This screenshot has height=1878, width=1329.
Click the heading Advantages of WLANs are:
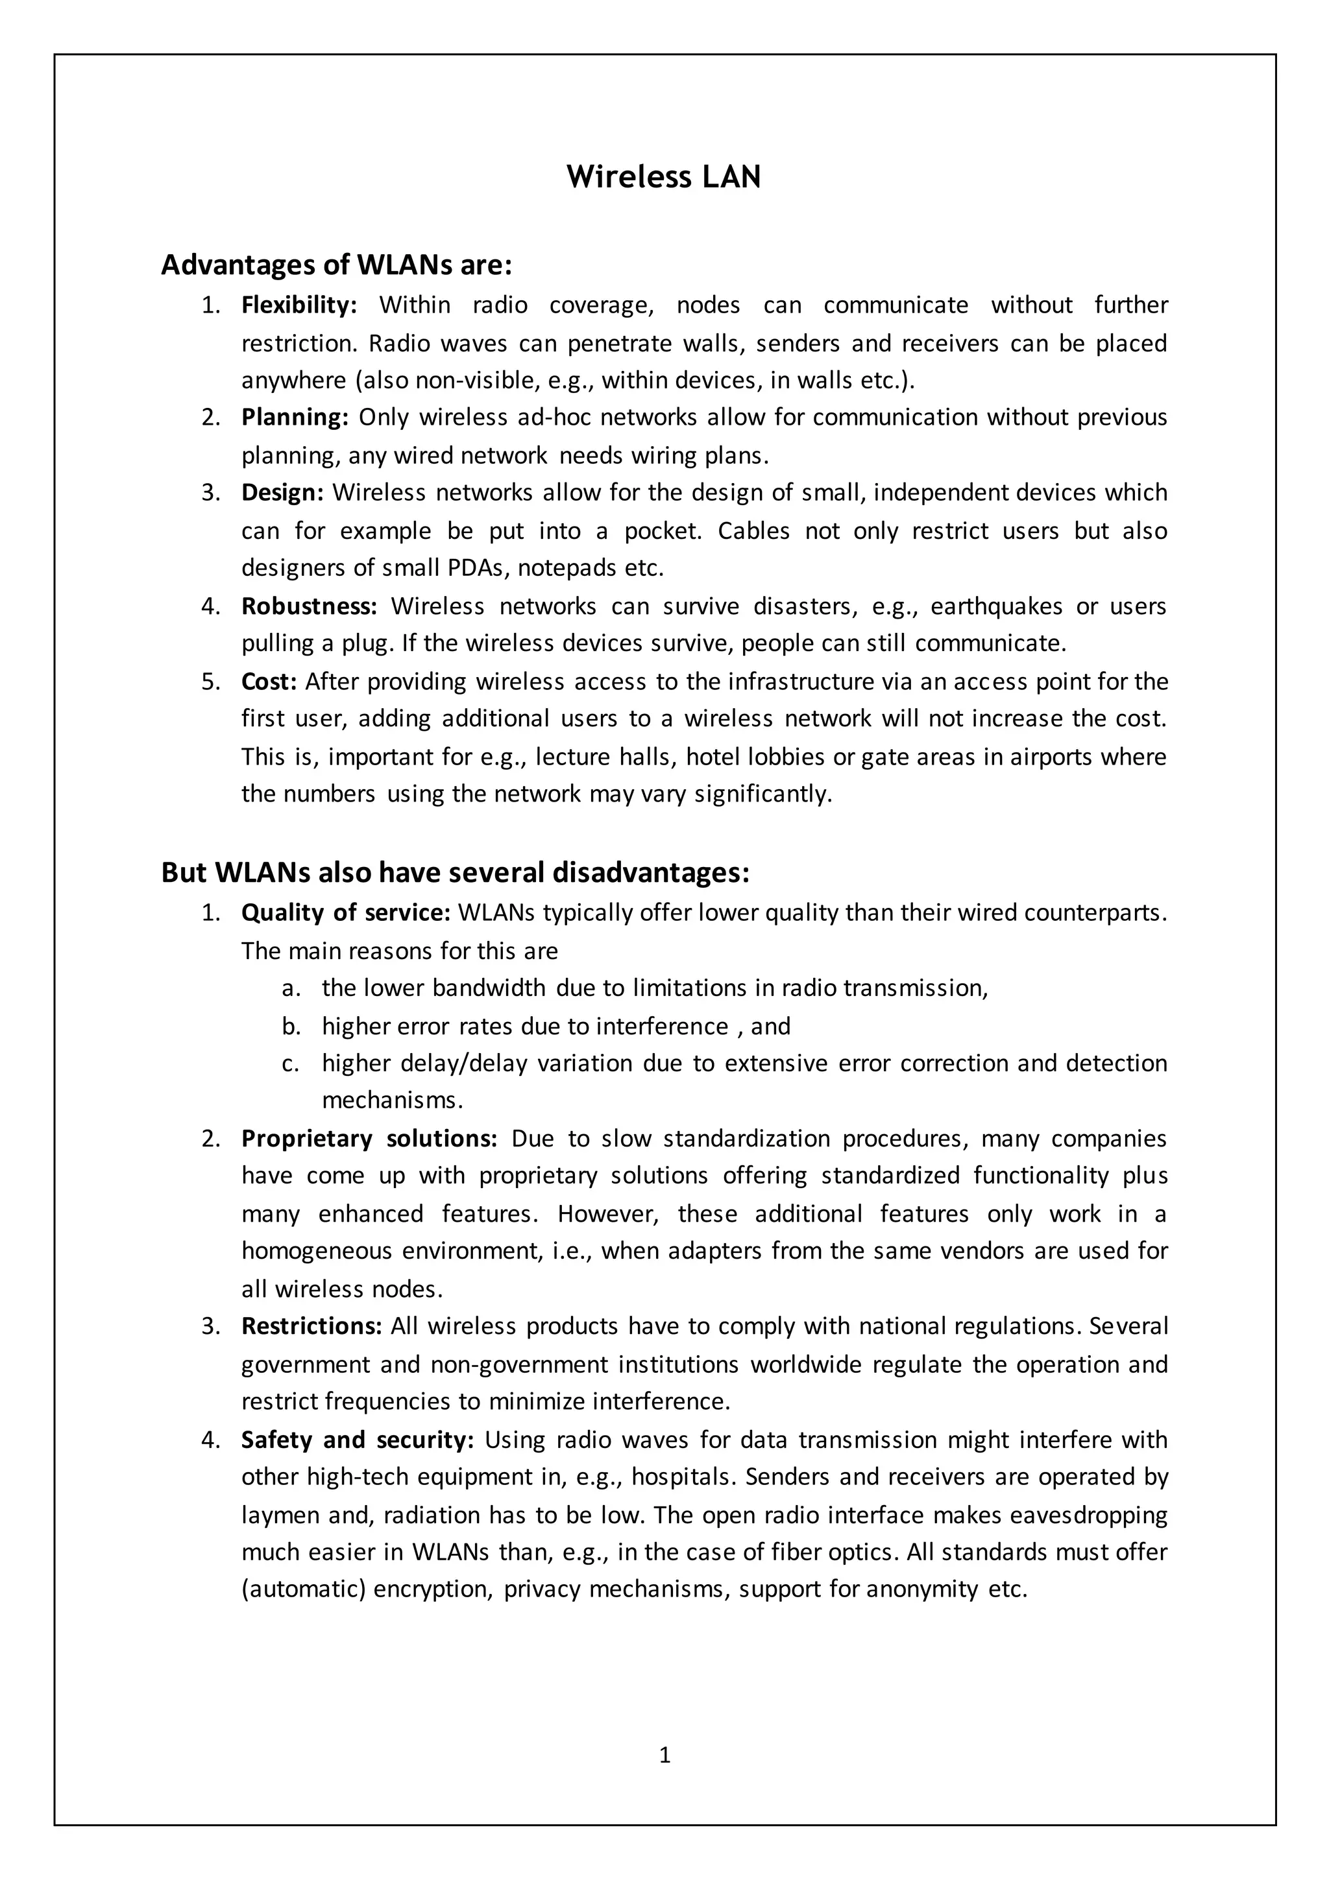336,265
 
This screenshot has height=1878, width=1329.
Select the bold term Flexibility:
299,305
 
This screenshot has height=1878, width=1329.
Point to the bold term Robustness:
308,606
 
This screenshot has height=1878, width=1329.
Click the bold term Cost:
269,682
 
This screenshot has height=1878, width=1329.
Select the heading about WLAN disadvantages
455,873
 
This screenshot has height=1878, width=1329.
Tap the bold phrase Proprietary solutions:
369,1139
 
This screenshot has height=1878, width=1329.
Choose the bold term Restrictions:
311,1326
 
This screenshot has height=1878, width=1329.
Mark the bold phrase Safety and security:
358,1440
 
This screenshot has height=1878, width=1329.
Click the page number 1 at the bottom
664,1755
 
